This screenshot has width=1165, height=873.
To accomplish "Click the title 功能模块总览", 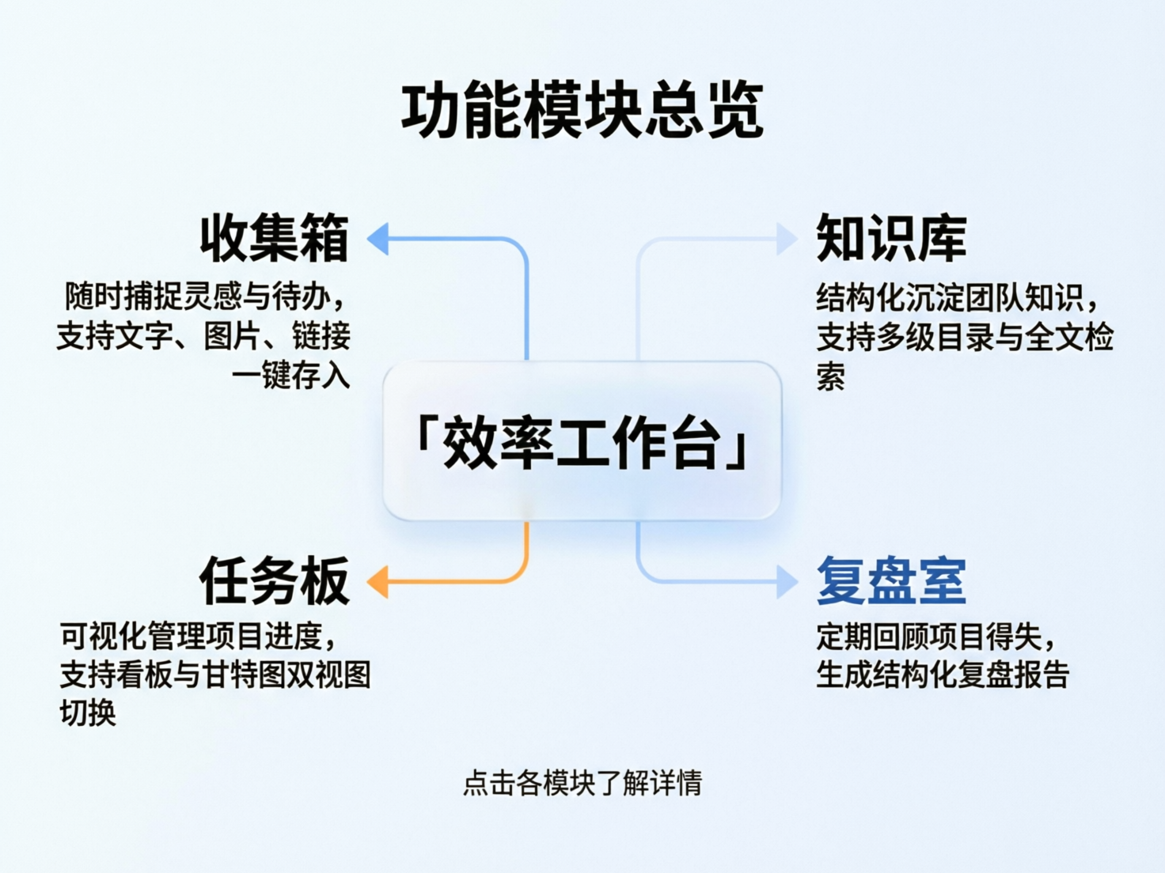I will tap(582, 111).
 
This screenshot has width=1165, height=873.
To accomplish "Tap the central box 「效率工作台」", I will tap(582, 441).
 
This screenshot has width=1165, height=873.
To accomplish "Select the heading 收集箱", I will tap(274, 238).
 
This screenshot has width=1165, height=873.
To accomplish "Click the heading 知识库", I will tap(891, 238).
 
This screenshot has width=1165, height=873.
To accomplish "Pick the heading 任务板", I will tap(274, 580).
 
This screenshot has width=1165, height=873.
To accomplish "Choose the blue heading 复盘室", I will tap(891, 580).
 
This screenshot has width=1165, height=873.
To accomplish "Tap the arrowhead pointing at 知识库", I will tap(786, 238).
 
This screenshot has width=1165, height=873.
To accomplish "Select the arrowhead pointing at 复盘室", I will tap(786, 582).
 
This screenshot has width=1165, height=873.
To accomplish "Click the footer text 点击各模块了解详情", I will tap(582, 783).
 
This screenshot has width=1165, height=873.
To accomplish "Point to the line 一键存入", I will tap(290, 375).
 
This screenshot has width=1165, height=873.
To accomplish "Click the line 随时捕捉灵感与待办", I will tap(204, 297).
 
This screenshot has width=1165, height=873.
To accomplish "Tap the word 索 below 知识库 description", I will tap(831, 376).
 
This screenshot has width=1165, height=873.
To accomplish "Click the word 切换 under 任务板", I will tap(88, 712).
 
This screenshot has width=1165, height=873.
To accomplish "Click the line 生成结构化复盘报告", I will tap(943, 675).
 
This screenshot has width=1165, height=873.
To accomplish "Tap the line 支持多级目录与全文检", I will tap(965, 338).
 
